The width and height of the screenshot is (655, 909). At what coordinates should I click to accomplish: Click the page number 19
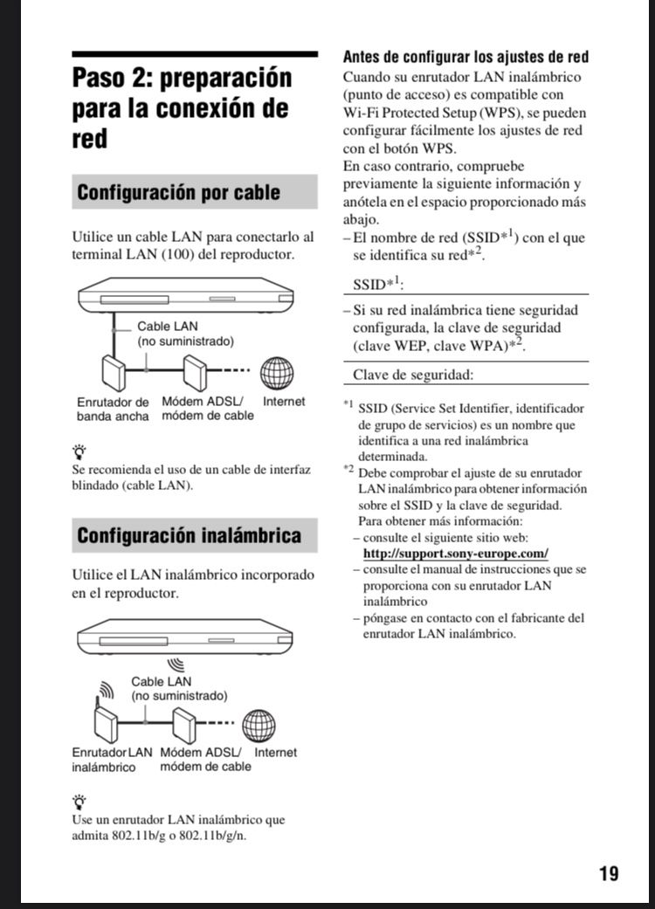tap(609, 873)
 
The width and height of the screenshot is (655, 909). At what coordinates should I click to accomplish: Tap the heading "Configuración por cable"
tap(178, 192)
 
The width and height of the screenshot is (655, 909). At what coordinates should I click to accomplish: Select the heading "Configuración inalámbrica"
tap(189, 534)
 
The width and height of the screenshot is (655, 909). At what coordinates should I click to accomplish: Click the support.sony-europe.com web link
tap(455, 554)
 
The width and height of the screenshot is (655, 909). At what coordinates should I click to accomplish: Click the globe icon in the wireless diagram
tap(259, 725)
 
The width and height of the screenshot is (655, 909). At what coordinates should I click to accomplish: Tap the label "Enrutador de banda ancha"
tap(113, 409)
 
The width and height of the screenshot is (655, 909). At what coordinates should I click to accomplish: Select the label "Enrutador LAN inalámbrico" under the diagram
tap(112, 760)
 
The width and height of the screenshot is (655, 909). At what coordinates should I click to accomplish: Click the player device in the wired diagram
tap(187, 296)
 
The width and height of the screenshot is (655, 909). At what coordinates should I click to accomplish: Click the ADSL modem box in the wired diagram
tap(193, 373)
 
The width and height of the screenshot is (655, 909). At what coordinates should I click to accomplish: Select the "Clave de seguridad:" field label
tap(413, 375)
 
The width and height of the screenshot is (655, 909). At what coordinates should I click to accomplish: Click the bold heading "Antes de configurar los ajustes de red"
tap(465, 58)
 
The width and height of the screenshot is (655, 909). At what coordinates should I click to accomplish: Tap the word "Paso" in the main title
tap(104, 78)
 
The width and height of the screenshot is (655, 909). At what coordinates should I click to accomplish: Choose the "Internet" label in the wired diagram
tap(284, 402)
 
